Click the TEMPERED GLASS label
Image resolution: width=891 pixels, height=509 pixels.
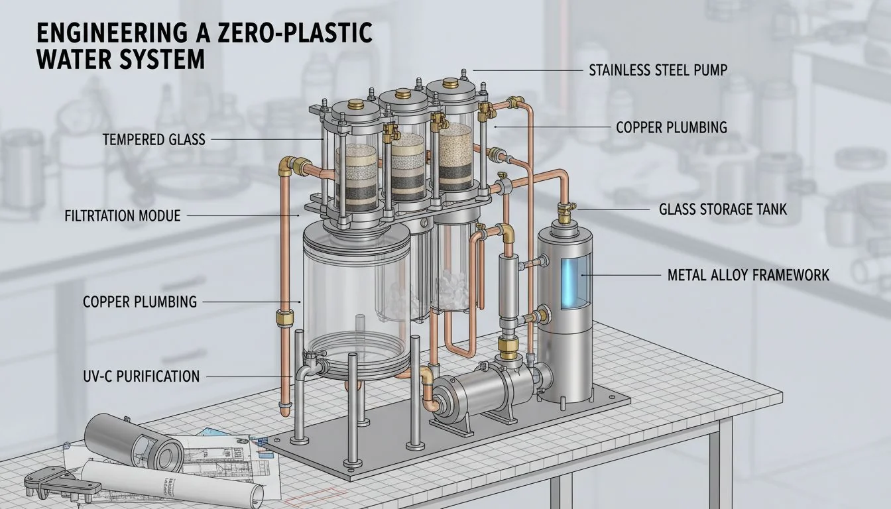coord(154,139)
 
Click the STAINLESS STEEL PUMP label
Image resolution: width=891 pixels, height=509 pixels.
coord(658,70)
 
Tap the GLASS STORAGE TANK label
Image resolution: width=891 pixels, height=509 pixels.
coord(723,209)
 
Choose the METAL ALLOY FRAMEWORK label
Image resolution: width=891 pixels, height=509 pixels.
coord(748,274)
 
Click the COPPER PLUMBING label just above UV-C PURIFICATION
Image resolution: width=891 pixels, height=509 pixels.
coord(139,302)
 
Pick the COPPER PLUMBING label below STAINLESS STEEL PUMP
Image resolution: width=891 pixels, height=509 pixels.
coord(671,127)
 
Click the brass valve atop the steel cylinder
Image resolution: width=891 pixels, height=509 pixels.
coord(565,213)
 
